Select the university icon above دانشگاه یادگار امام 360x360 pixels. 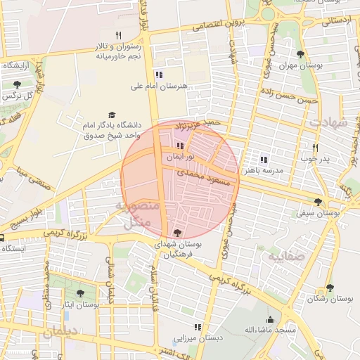tap(111, 115)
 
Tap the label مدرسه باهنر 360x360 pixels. tap(264, 171)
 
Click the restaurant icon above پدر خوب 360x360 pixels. tap(315, 148)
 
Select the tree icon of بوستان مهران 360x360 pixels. tap(300, 54)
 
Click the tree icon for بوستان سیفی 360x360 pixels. tap(319, 202)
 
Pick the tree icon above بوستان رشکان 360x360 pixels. tap(330, 288)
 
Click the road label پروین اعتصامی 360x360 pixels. tap(217, 25)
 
